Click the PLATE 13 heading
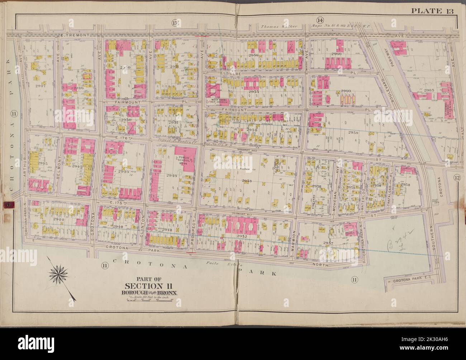[432, 10]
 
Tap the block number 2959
[353, 132]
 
